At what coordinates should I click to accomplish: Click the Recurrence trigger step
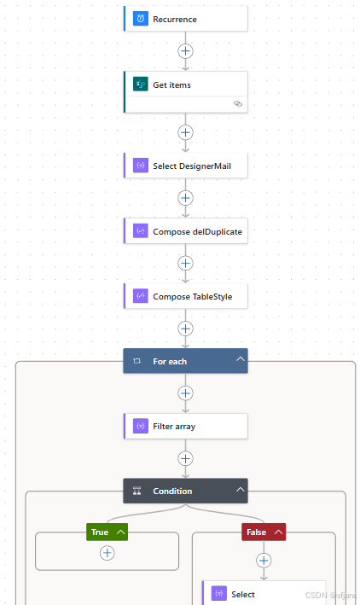pyautogui.click(x=186, y=19)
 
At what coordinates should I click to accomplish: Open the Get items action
pyautogui.click(x=186, y=92)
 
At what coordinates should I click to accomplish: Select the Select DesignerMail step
pyautogui.click(x=186, y=166)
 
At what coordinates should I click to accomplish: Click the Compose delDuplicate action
pyautogui.click(x=186, y=231)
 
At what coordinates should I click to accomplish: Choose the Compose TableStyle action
pyautogui.click(x=186, y=296)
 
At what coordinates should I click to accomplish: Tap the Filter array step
pyautogui.click(x=186, y=426)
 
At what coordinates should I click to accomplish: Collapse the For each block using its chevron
pyautogui.click(x=241, y=359)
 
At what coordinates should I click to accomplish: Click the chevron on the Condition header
pyautogui.click(x=241, y=489)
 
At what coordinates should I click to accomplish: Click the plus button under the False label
pyautogui.click(x=264, y=561)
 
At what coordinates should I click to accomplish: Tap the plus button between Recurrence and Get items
pyautogui.click(x=186, y=51)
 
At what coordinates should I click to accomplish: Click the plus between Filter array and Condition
pyautogui.click(x=186, y=458)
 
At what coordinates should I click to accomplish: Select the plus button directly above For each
pyautogui.click(x=186, y=329)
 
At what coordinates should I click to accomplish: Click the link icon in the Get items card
pyautogui.click(x=238, y=103)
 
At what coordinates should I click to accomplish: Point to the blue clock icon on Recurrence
pyautogui.click(x=141, y=19)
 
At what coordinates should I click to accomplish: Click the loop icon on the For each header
pyautogui.click(x=136, y=361)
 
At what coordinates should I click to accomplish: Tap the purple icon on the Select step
pyautogui.click(x=219, y=593)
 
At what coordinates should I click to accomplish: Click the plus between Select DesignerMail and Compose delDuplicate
pyautogui.click(x=186, y=198)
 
